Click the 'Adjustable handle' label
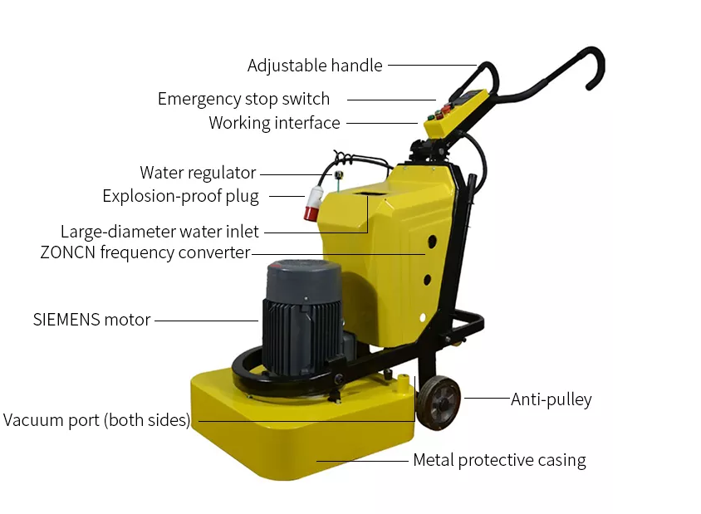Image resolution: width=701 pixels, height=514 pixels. tap(315, 66)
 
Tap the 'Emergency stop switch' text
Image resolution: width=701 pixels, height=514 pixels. tap(243, 99)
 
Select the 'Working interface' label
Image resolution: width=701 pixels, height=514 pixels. tap(274, 123)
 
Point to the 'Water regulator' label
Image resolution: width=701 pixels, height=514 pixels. tap(198, 173)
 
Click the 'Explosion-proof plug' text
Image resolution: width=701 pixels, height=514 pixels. tap(180, 196)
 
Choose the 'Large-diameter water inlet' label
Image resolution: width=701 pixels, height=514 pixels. tap(159, 232)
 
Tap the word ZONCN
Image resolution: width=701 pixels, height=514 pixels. tap(68, 252)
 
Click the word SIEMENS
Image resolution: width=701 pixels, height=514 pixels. tap(66, 320)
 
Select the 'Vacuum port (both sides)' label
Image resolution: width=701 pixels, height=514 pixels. tap(96, 420)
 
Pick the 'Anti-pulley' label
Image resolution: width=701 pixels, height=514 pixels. tap(551, 399)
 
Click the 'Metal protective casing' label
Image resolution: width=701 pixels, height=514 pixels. tap(499, 460)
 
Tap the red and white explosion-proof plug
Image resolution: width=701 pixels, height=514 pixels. tap(313, 203)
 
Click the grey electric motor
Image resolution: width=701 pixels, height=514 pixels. tap(302, 317)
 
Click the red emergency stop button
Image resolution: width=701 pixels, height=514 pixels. tap(446, 109)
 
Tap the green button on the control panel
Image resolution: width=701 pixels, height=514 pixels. tap(431, 118)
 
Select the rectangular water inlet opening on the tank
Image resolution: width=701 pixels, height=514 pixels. tap(369, 194)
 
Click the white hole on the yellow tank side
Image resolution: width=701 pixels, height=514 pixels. tap(423, 318)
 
